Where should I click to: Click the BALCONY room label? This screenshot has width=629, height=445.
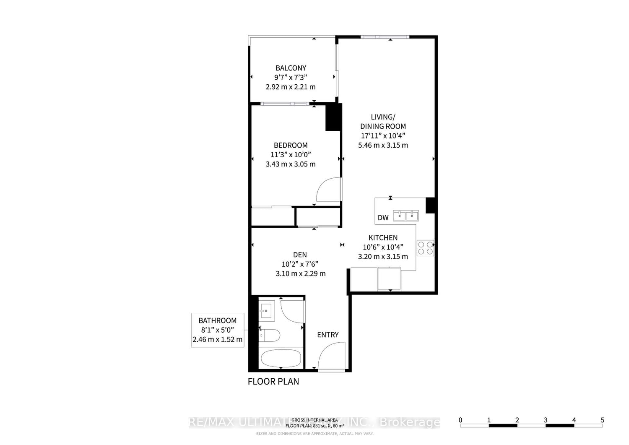pos(291,68)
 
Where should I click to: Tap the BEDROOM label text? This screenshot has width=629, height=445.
pos(291,145)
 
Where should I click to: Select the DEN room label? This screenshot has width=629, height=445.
pos(300,255)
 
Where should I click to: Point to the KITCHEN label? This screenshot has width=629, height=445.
pos(383,237)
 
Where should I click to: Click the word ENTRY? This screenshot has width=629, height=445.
pos(327,335)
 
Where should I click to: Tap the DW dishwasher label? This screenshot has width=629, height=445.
pos(383,217)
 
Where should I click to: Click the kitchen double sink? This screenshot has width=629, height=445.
pos(405,216)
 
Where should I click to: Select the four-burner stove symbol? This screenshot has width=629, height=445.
pos(425,248)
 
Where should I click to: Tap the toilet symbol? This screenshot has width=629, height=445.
pos(269,335)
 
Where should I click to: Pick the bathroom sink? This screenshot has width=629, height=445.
pos(266,311)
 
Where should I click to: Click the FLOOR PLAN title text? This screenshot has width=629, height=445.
pos(273,382)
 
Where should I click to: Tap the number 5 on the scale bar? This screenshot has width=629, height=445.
pos(602,420)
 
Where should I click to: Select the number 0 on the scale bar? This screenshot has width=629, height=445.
pos(460,420)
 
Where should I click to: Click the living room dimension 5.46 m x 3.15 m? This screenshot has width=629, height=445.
pos(383,145)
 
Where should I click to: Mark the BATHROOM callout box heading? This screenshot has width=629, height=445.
pos(217,320)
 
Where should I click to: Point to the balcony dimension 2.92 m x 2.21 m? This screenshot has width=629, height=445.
pos(291,87)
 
